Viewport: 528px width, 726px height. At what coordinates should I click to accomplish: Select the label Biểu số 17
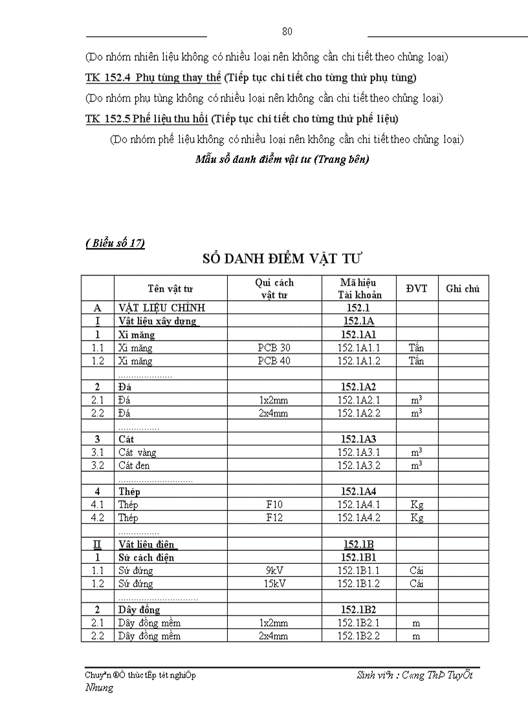(x=115, y=243)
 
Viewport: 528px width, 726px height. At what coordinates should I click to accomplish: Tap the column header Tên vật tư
(x=170, y=288)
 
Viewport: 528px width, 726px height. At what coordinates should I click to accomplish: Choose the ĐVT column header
(x=417, y=288)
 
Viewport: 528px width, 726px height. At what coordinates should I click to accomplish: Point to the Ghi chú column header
(x=463, y=288)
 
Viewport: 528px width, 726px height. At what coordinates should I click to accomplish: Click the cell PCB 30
(x=274, y=348)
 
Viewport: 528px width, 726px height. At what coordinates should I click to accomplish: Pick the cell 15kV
(x=274, y=584)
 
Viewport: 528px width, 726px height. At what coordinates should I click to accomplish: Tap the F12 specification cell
(x=274, y=518)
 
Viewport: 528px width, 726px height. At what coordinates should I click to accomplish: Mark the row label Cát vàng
(x=137, y=453)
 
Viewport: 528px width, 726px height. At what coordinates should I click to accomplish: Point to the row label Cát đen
(x=135, y=465)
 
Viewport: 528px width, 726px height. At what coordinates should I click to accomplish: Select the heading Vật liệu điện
(x=148, y=544)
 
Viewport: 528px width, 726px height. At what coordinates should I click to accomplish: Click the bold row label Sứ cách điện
(x=146, y=557)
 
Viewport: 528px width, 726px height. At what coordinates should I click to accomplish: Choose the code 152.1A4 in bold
(x=358, y=491)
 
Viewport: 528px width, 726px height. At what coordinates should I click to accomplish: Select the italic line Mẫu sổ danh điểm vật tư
(x=282, y=159)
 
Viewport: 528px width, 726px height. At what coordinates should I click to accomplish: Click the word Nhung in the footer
(x=99, y=688)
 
